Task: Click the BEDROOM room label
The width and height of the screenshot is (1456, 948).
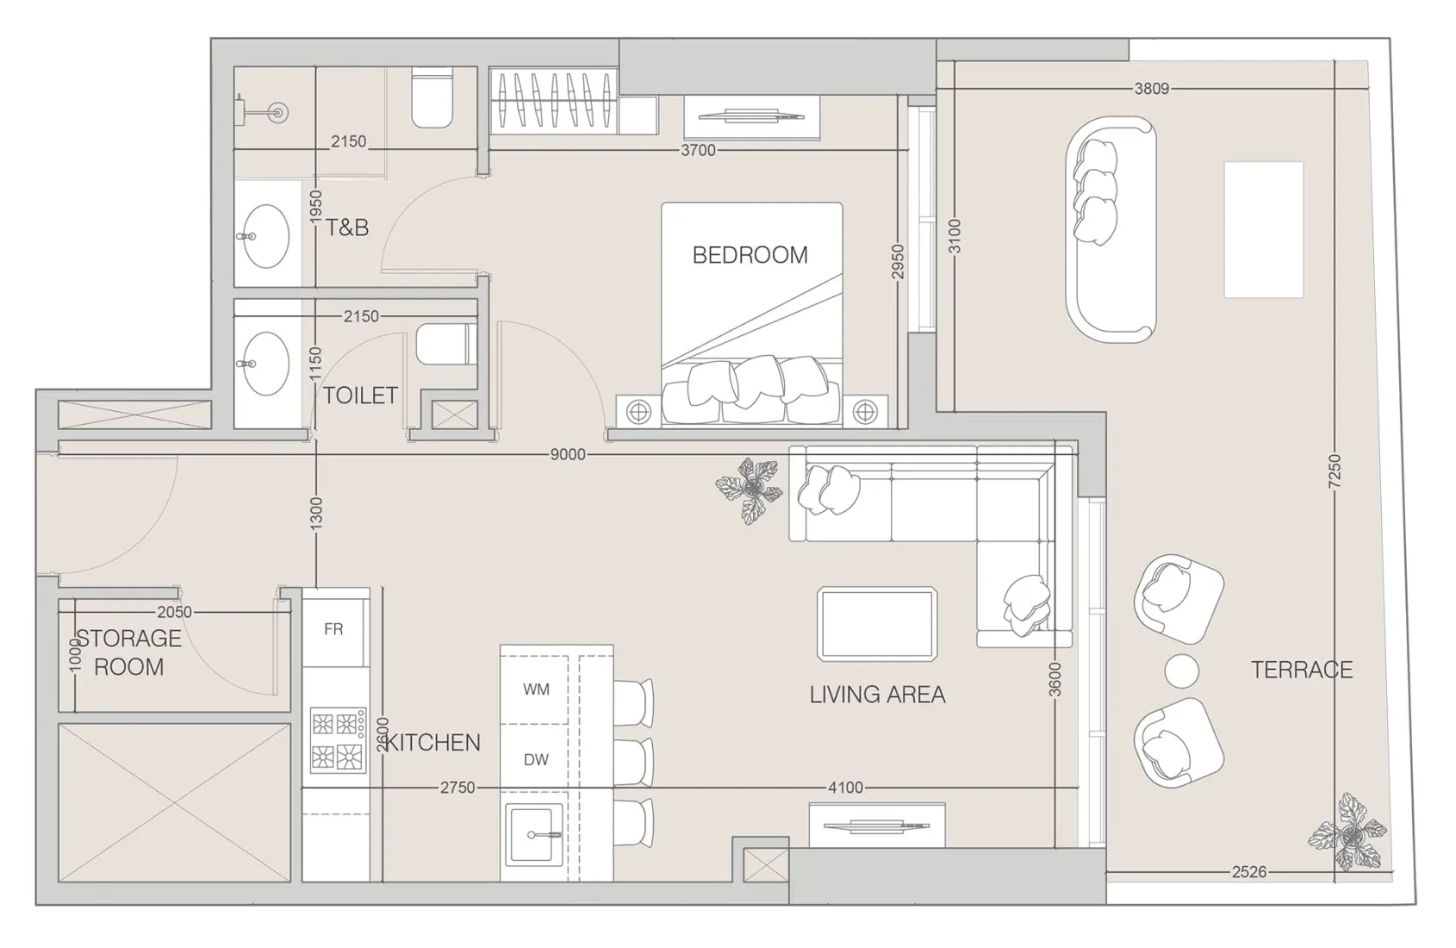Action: [750, 255]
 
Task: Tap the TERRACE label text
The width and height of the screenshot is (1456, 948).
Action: [1301, 670]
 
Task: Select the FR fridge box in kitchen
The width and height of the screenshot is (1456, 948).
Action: [334, 629]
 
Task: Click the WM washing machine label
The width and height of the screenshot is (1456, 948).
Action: [536, 689]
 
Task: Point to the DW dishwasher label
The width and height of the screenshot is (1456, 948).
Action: [536, 759]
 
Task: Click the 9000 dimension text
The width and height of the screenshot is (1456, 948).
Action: [567, 454]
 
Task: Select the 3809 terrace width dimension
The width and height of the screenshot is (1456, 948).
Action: [1151, 88]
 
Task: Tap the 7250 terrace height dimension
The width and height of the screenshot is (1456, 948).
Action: [1335, 472]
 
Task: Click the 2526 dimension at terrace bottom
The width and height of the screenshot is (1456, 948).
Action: [1248, 872]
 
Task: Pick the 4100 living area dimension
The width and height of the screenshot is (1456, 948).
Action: [845, 787]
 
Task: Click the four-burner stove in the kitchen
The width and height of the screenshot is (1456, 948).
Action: [337, 739]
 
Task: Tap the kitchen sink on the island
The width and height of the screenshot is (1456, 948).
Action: [534, 834]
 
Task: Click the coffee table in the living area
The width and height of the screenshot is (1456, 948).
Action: [877, 624]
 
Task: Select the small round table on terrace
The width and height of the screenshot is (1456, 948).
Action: [1180, 671]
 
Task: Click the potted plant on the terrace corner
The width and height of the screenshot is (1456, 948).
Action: [1347, 833]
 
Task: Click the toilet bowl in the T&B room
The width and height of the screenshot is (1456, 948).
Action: [432, 97]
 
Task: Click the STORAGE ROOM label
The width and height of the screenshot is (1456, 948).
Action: [129, 652]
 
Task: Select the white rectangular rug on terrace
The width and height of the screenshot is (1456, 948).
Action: [1263, 229]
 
